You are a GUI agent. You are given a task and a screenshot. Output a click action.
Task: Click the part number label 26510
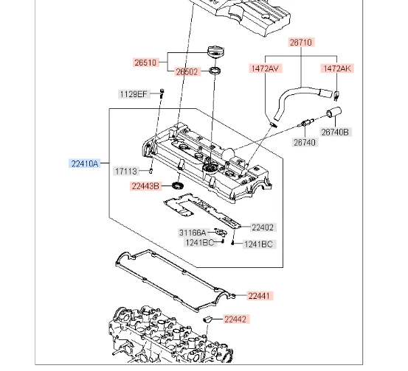coord(146,63)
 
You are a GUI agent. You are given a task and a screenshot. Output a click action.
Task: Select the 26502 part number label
coord(187,72)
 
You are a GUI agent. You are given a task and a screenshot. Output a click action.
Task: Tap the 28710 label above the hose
coord(301,43)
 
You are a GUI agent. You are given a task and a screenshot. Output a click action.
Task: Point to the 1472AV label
coord(265,68)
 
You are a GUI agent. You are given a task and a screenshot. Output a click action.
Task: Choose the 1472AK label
coord(337,68)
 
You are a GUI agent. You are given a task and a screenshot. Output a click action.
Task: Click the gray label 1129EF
coord(134,93)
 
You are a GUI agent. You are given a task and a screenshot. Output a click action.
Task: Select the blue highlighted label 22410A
coord(85,164)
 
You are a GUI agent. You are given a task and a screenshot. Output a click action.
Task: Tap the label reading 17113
coord(125,171)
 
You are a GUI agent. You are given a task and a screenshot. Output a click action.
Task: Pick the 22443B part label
coord(146,186)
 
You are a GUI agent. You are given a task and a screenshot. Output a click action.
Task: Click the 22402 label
coord(263,227)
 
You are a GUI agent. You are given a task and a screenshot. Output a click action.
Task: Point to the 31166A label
coord(193,233)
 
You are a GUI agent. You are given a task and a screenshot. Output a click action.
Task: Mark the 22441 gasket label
coord(260,296)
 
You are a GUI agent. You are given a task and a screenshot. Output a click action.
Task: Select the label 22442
coord(236,319)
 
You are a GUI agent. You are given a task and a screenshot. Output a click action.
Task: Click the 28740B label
coord(336,132)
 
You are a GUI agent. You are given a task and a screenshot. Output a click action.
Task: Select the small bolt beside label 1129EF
coord(162,93)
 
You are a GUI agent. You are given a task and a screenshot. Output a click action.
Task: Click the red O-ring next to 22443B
coord(177,186)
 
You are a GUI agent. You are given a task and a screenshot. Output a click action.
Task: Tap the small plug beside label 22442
coord(209,319)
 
